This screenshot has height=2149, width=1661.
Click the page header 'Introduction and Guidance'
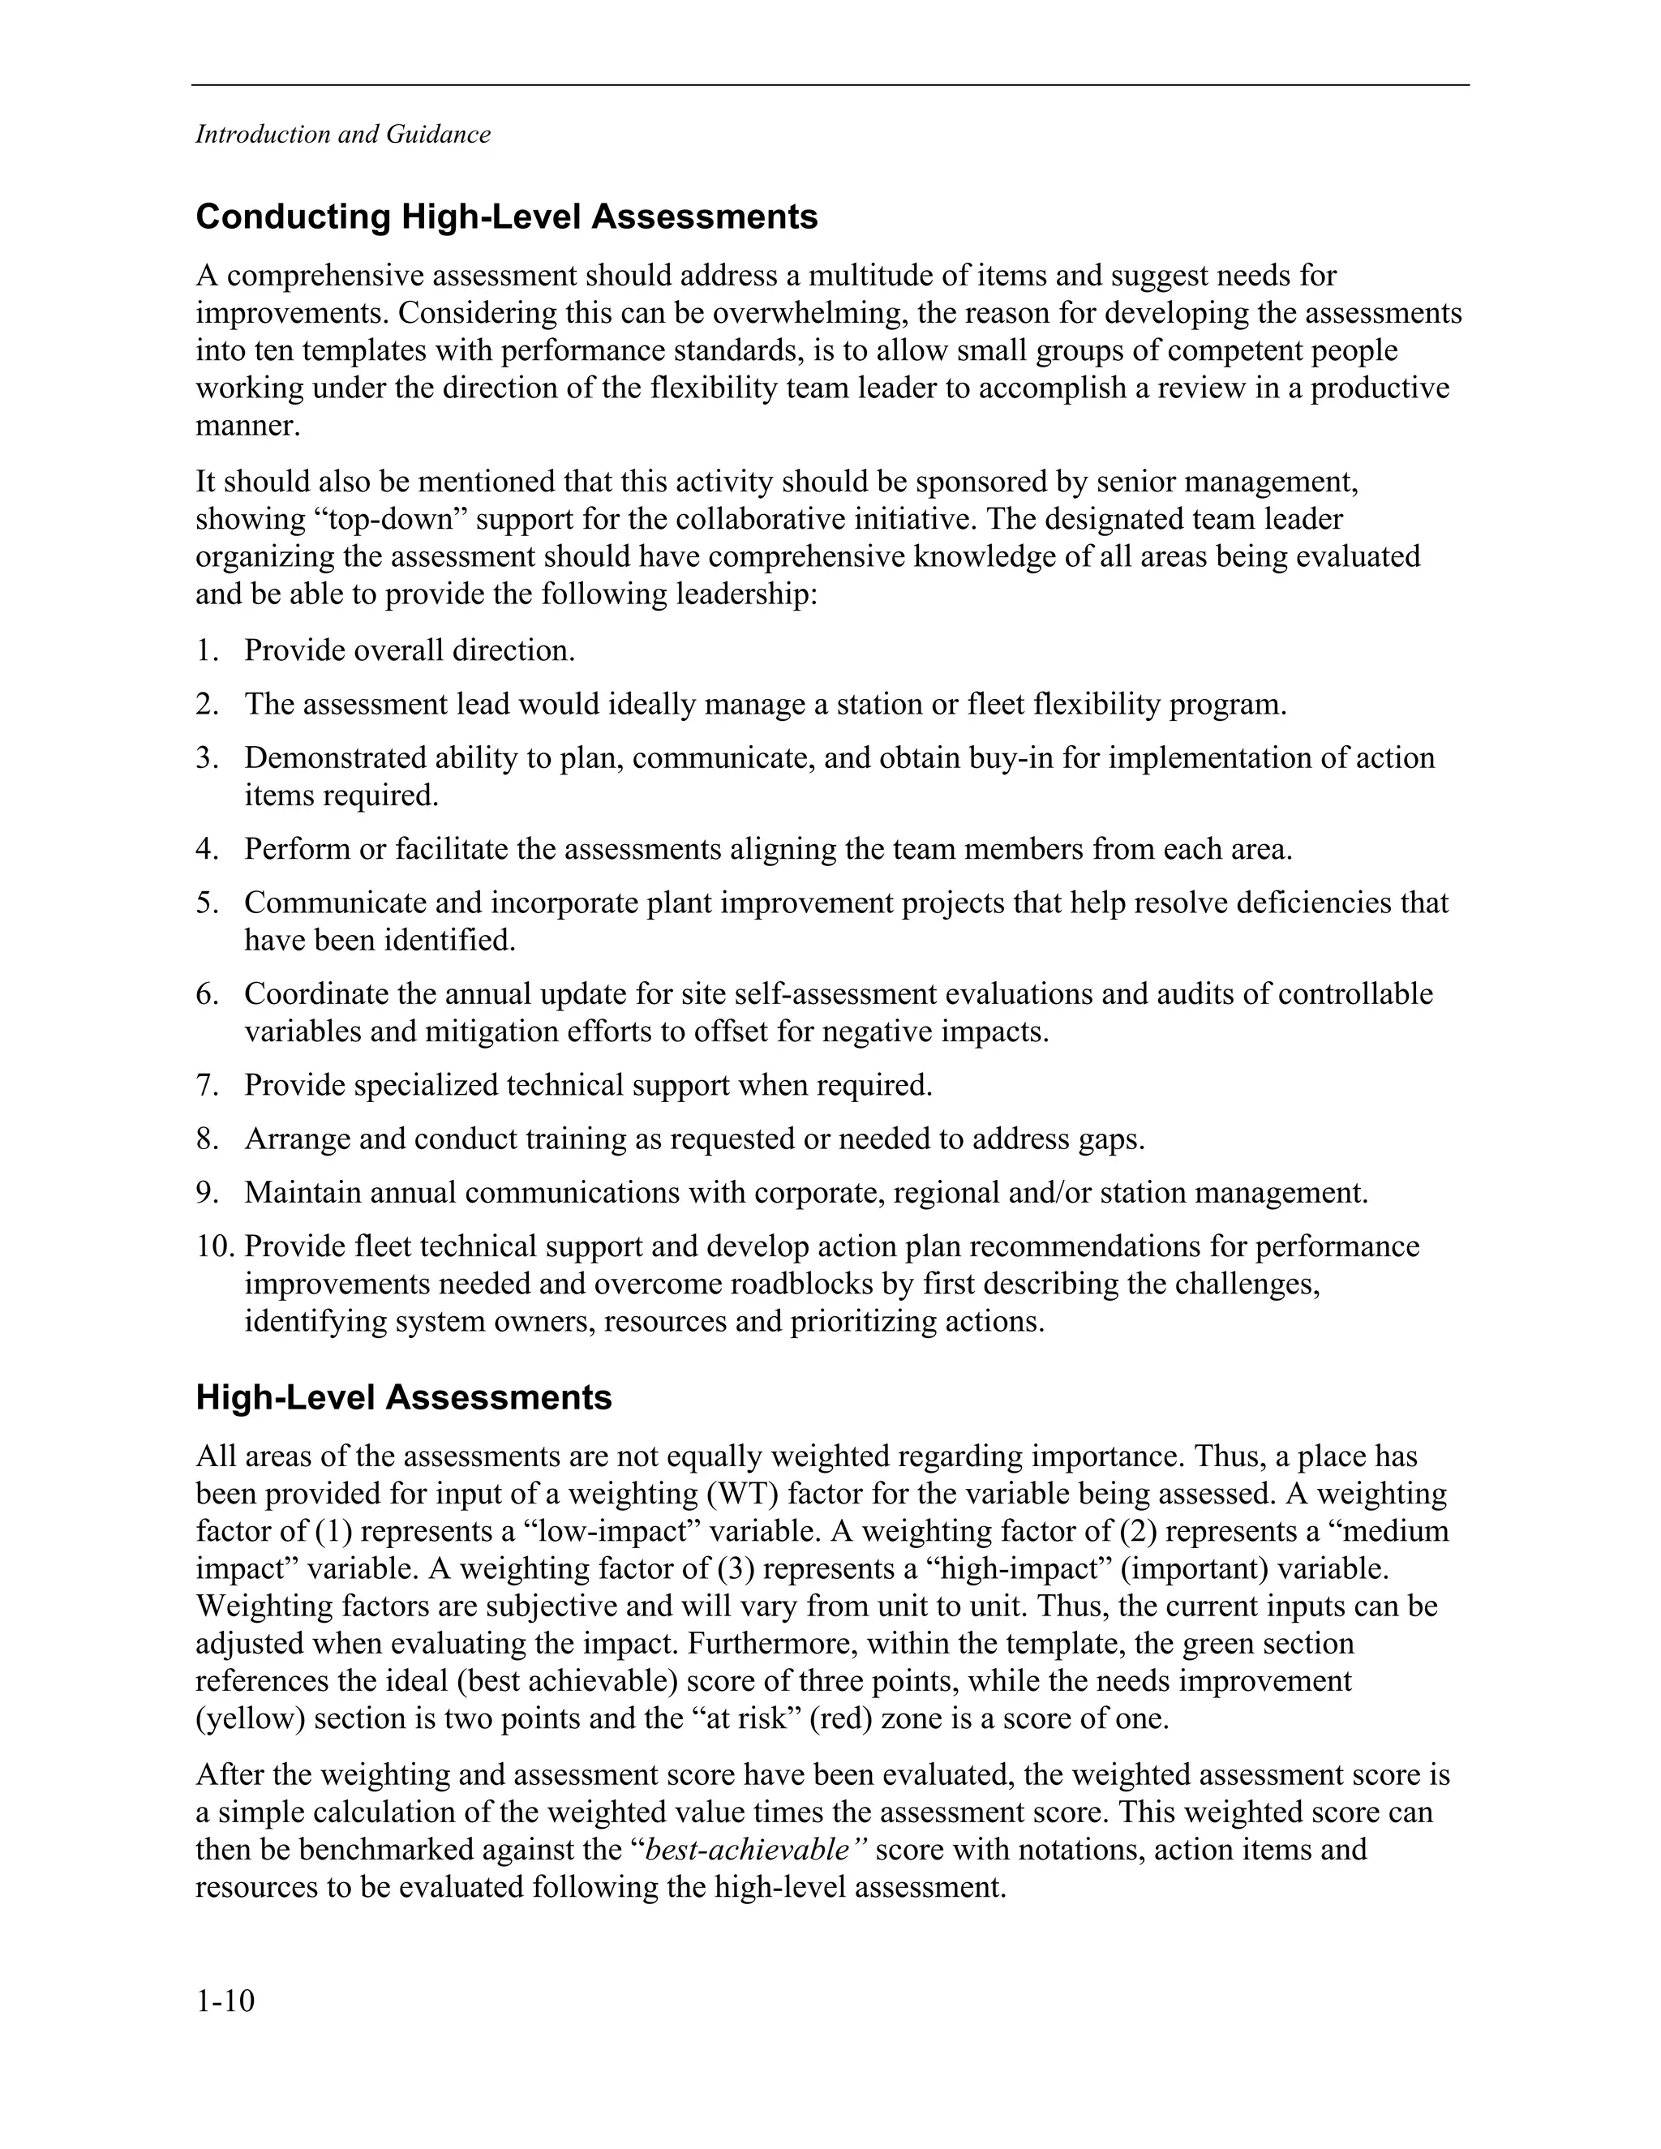pyautogui.click(x=342, y=135)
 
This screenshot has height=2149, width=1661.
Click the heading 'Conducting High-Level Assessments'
pyautogui.click(x=507, y=217)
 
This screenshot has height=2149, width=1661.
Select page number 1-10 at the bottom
pyautogui.click(x=225, y=2001)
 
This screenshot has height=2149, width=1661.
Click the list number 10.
pyautogui.click(x=213, y=1246)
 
